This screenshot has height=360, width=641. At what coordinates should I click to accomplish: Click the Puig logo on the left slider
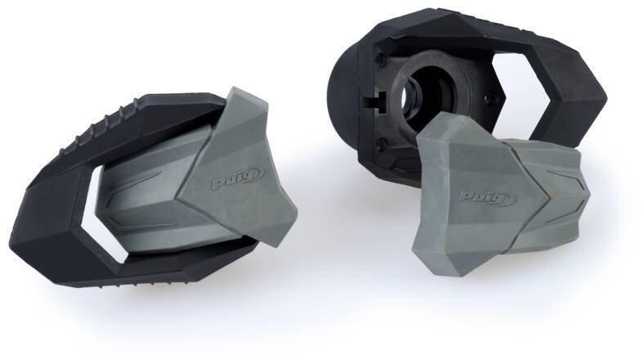(x=237, y=179)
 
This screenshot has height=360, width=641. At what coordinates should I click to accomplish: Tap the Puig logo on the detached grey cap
(x=488, y=198)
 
